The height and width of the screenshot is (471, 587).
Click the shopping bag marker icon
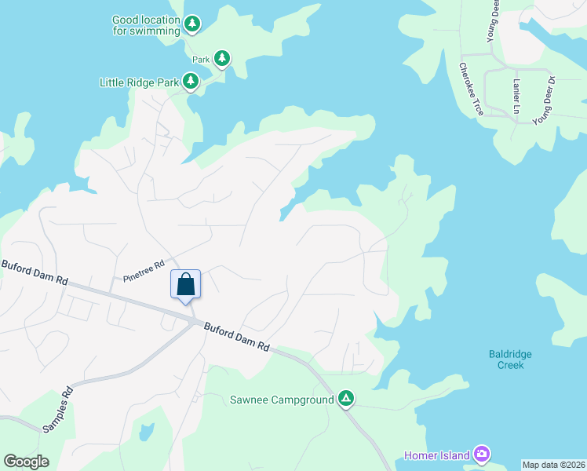[x=186, y=284]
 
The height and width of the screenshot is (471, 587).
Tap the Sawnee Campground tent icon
[x=345, y=400]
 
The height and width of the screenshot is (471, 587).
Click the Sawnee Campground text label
[x=282, y=400]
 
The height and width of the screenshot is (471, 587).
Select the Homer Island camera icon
[x=482, y=455]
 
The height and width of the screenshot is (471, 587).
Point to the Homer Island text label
[x=436, y=455]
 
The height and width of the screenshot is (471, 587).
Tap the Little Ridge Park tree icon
[x=190, y=81]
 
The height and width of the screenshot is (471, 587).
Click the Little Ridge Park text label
[x=140, y=82]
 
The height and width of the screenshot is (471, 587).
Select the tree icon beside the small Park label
[x=222, y=57]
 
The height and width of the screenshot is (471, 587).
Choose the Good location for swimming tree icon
[x=192, y=24]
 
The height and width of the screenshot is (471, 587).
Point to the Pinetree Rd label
[x=143, y=272]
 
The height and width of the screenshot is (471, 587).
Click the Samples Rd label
[x=57, y=408]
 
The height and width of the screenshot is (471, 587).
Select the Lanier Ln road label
[x=516, y=93]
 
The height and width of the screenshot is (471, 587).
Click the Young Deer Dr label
[x=544, y=101]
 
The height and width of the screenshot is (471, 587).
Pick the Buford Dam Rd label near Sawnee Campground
[x=237, y=336]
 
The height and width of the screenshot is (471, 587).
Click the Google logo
[x=26, y=462]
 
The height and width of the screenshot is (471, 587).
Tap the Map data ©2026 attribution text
[x=553, y=465]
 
